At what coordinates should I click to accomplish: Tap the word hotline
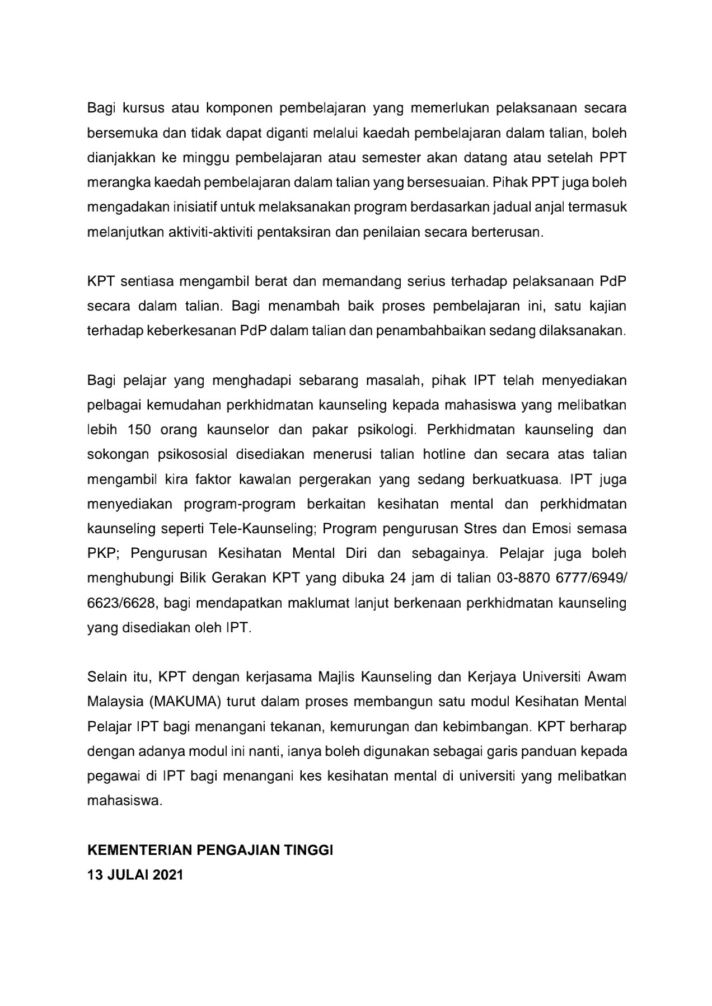point(444,454)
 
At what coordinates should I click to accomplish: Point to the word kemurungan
point(368,727)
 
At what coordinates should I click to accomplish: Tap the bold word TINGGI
point(311,850)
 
